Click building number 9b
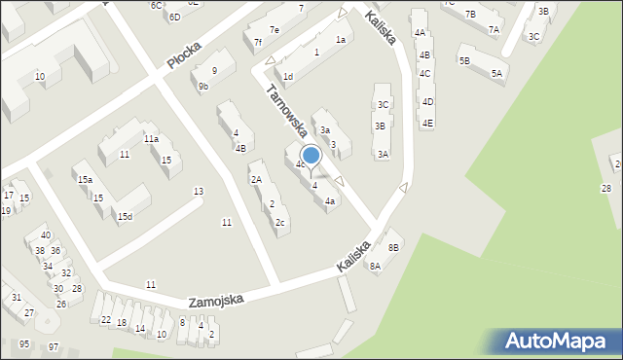tap(203, 87)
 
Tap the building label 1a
tap(341, 40)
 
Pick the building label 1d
tap(287, 76)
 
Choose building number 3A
tap(384, 154)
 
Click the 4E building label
tap(427, 123)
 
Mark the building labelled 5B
tap(464, 60)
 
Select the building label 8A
tap(375, 266)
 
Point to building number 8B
tap(393, 248)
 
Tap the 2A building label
tap(256, 179)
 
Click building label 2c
tap(280, 223)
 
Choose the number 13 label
tap(199, 191)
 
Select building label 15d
tap(125, 216)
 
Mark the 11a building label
tap(151, 139)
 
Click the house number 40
tap(46, 235)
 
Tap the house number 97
tap(54, 347)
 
